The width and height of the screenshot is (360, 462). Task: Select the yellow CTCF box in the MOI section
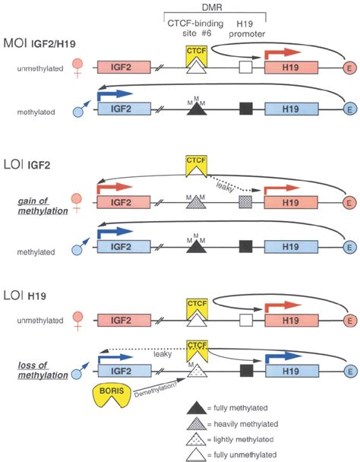tap(197, 52)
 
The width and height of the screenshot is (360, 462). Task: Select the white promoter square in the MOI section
tap(245, 68)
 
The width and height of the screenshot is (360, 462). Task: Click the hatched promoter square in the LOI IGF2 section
tap(245, 204)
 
